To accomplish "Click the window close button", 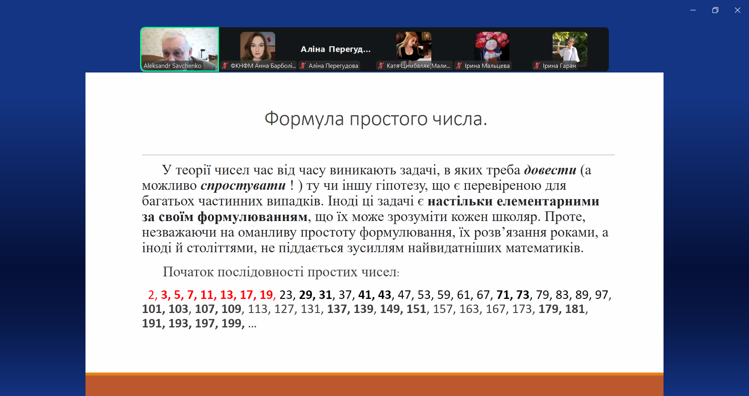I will [737, 10].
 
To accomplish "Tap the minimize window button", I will [693, 10].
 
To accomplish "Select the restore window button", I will [715, 10].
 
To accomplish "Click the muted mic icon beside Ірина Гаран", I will [537, 65].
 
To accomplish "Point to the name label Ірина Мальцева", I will [487, 66].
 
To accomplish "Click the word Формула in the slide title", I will [304, 119].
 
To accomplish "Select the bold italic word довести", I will [550, 170].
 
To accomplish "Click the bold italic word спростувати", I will [243, 186].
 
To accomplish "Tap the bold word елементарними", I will [548, 201].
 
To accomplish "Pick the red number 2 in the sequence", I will [151, 295].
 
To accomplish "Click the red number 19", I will [266, 295].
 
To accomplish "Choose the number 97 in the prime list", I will [601, 295].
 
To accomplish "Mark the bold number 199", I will [231, 324].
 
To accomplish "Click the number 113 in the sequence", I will [257, 309].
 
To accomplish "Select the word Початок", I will [188, 272].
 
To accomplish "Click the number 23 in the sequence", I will [286, 295].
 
